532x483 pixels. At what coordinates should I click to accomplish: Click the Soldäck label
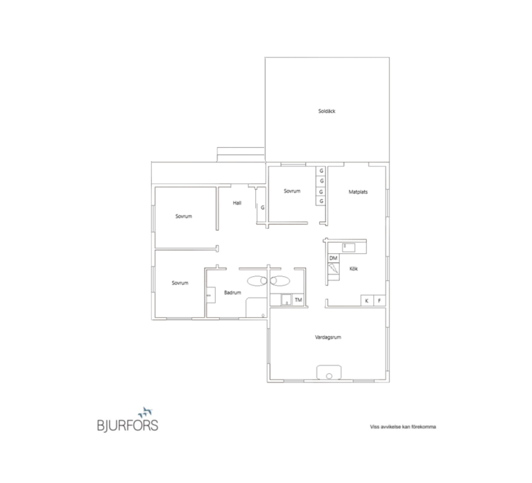pyautogui.click(x=327, y=111)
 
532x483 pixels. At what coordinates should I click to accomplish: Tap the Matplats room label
pyautogui.click(x=358, y=192)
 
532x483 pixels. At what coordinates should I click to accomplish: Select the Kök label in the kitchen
pyautogui.click(x=354, y=269)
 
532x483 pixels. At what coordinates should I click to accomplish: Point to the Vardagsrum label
pyautogui.click(x=328, y=337)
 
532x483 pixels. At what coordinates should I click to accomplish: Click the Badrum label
pyautogui.click(x=232, y=292)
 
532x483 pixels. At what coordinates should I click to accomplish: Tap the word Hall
pyautogui.click(x=237, y=203)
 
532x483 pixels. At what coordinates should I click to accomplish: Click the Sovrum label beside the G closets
pyautogui.click(x=292, y=191)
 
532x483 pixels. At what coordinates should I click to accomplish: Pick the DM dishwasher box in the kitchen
pyautogui.click(x=334, y=258)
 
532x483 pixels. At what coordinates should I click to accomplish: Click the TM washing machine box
pyautogui.click(x=298, y=300)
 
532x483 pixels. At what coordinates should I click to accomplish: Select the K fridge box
pyautogui.click(x=367, y=300)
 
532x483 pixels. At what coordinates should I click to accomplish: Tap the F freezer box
pyautogui.click(x=379, y=300)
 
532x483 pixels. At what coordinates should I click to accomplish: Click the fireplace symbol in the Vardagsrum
pyautogui.click(x=329, y=373)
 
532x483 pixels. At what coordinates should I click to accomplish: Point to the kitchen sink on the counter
pyautogui.click(x=348, y=248)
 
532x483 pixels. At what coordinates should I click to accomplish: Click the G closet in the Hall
pyautogui.click(x=262, y=207)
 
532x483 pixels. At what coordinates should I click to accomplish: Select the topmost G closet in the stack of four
pyautogui.click(x=321, y=171)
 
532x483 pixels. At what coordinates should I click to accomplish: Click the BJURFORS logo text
pyautogui.click(x=128, y=425)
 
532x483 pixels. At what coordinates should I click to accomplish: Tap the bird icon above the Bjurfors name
pyautogui.click(x=145, y=412)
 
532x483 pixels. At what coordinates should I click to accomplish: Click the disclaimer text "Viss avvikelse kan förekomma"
pyautogui.click(x=403, y=427)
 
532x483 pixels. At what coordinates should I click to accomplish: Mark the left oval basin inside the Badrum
pyautogui.click(x=257, y=280)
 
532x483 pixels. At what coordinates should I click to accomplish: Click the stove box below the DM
pyautogui.click(x=334, y=269)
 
